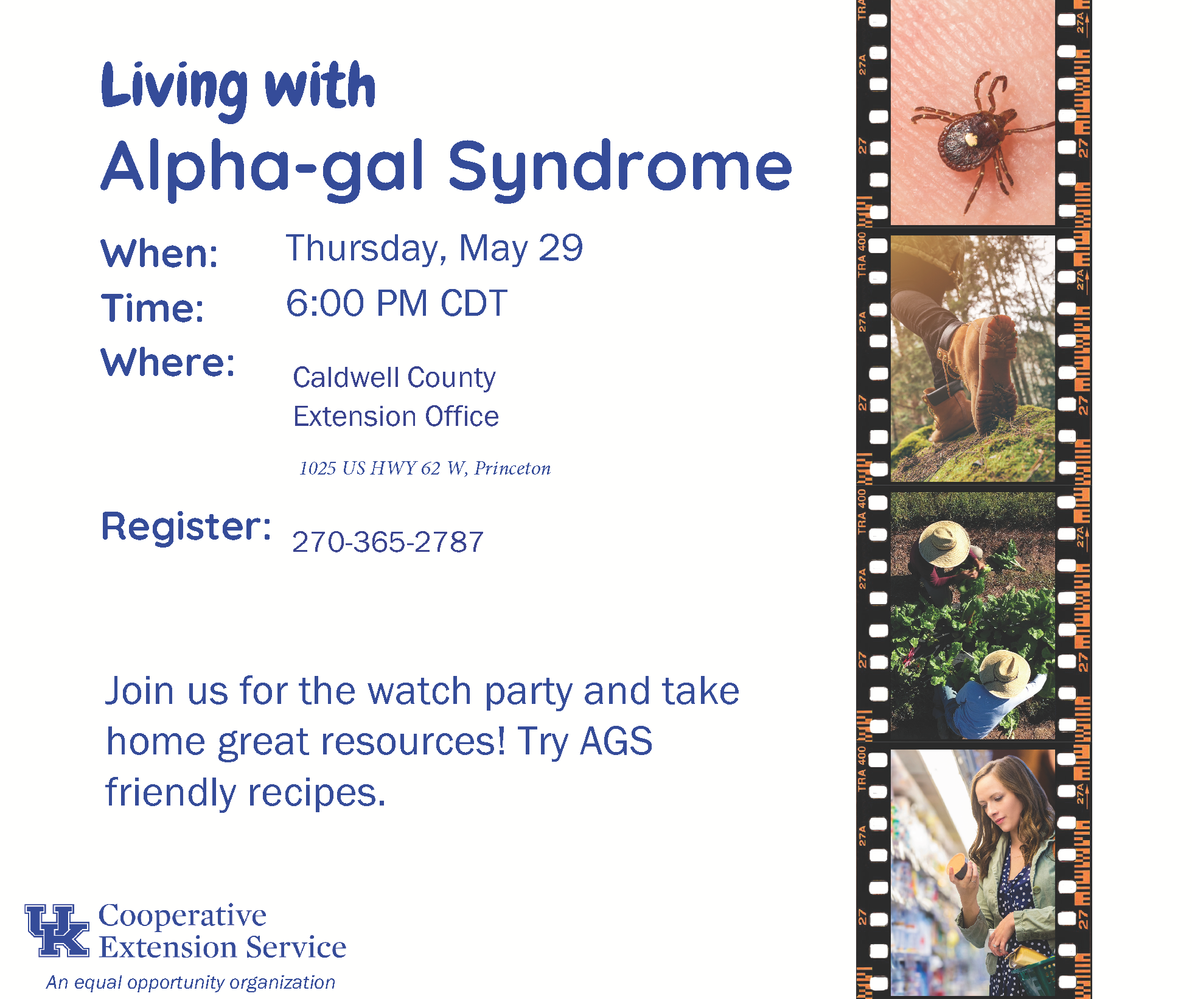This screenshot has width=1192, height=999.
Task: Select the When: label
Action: tap(159, 254)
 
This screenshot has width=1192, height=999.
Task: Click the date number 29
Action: tap(560, 248)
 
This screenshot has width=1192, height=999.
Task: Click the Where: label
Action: tap(168, 363)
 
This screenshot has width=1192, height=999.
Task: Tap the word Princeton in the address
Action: tap(512, 468)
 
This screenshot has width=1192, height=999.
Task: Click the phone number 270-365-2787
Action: tap(388, 541)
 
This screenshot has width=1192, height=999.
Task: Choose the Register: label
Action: tap(186, 527)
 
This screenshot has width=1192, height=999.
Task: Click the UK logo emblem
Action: tap(57, 930)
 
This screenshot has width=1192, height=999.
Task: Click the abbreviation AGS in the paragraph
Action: tap(616, 742)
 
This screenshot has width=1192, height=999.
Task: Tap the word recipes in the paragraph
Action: tap(317, 793)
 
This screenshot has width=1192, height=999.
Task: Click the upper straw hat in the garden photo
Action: tap(944, 544)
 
